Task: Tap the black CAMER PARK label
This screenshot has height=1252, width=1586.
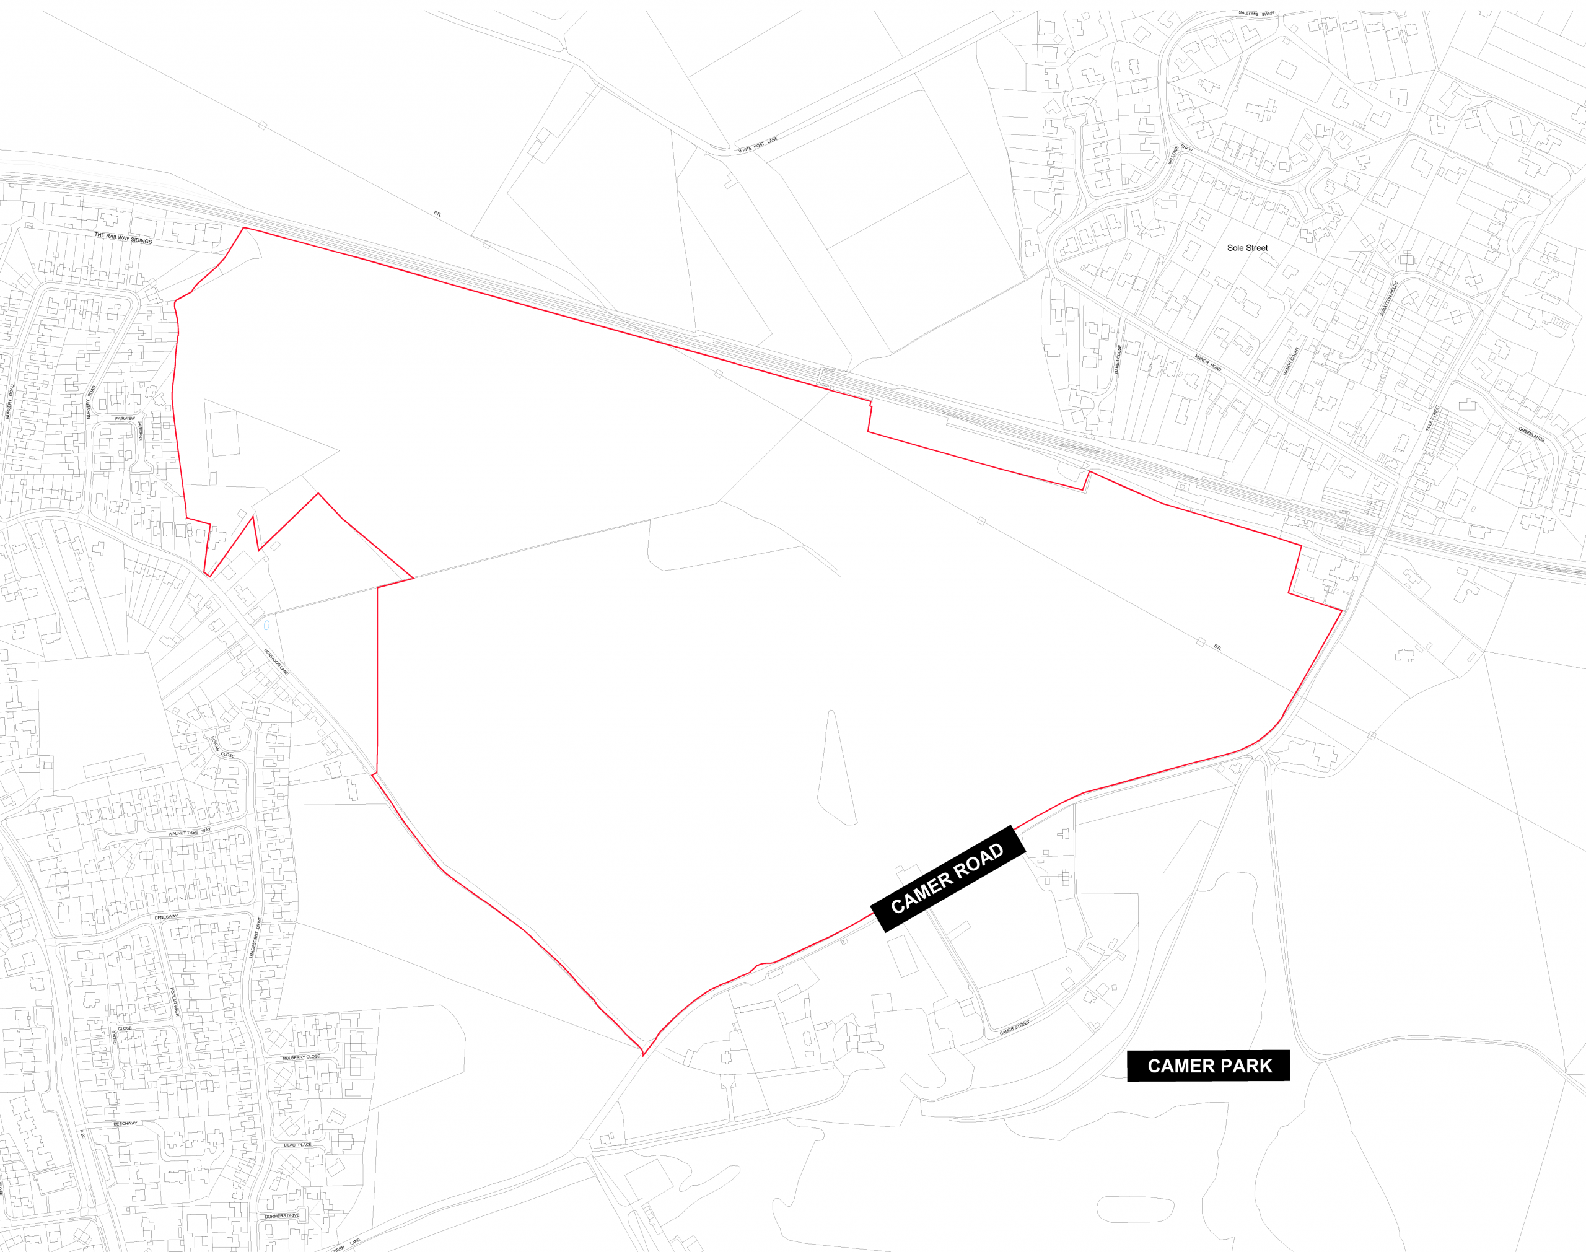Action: (x=1209, y=1066)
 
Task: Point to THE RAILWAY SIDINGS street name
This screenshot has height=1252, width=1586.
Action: (x=123, y=239)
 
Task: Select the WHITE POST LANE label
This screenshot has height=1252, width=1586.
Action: (x=758, y=145)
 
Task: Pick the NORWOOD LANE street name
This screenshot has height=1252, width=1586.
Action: (x=276, y=662)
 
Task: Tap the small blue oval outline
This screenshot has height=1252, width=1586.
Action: (x=267, y=625)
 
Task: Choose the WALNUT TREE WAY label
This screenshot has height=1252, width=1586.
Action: (x=189, y=833)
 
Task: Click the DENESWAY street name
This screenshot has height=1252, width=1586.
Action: (x=167, y=917)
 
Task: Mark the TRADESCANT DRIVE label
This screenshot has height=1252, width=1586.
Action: (x=254, y=937)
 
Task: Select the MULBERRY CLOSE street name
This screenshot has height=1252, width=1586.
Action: (x=301, y=1057)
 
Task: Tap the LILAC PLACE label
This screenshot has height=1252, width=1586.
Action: (x=297, y=1145)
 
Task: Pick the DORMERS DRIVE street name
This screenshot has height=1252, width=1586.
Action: (x=282, y=1215)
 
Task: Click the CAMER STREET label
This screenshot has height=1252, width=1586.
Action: (x=1015, y=1028)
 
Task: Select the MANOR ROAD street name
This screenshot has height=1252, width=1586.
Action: (x=1208, y=363)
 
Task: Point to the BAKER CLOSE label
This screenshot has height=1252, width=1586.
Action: (x=1118, y=359)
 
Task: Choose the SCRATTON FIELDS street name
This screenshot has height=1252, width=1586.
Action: (x=1389, y=299)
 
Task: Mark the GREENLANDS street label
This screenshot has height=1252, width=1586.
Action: (x=1531, y=435)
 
